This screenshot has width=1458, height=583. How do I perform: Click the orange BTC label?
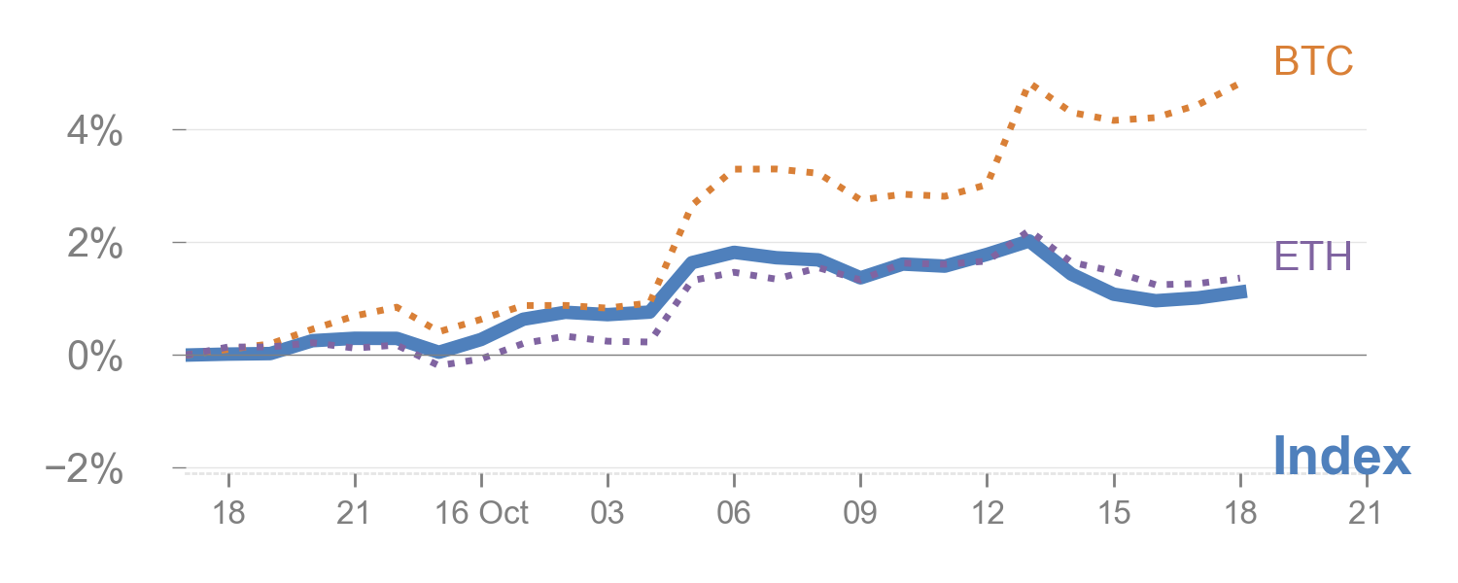pos(1313,62)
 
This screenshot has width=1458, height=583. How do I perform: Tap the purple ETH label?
pos(1313,257)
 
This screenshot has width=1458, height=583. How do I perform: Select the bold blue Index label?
pos(1341,456)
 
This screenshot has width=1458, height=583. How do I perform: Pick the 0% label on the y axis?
pos(95,357)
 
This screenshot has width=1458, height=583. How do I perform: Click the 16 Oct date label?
pos(481,513)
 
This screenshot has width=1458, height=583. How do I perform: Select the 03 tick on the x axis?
pos(607,513)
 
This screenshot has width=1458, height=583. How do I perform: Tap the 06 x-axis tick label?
pos(734,513)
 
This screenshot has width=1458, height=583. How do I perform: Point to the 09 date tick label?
pos(860,513)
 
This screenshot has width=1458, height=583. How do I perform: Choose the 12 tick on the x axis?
pos(987,513)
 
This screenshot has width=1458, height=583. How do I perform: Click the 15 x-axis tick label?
pos(1114,513)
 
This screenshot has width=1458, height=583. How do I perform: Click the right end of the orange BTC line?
pos(1239,85)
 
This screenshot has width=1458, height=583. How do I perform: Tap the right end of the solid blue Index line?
pos(1243,291)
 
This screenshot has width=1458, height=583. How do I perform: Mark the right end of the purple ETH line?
pos(1239,278)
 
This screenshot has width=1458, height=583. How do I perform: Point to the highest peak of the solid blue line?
pos(1028,240)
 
